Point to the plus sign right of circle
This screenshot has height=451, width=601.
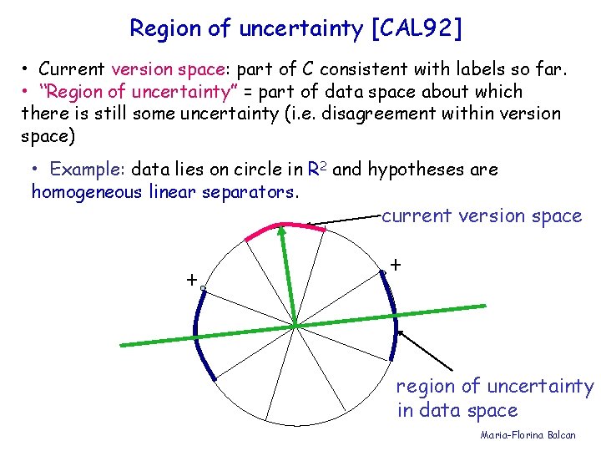pyautogui.click(x=395, y=264)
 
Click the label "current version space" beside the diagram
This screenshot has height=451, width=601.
pyautogui.click(x=482, y=216)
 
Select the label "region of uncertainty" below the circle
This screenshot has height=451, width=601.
pyautogui.click(x=494, y=387)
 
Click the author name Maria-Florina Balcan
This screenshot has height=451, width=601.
pyautogui.click(x=528, y=435)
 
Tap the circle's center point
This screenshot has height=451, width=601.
pyautogui.click(x=297, y=324)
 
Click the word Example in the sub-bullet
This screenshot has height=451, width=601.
pyautogui.click(x=86, y=170)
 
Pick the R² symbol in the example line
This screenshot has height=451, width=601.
pyautogui.click(x=317, y=170)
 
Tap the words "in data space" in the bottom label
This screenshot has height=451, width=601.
pyautogui.click(x=457, y=411)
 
